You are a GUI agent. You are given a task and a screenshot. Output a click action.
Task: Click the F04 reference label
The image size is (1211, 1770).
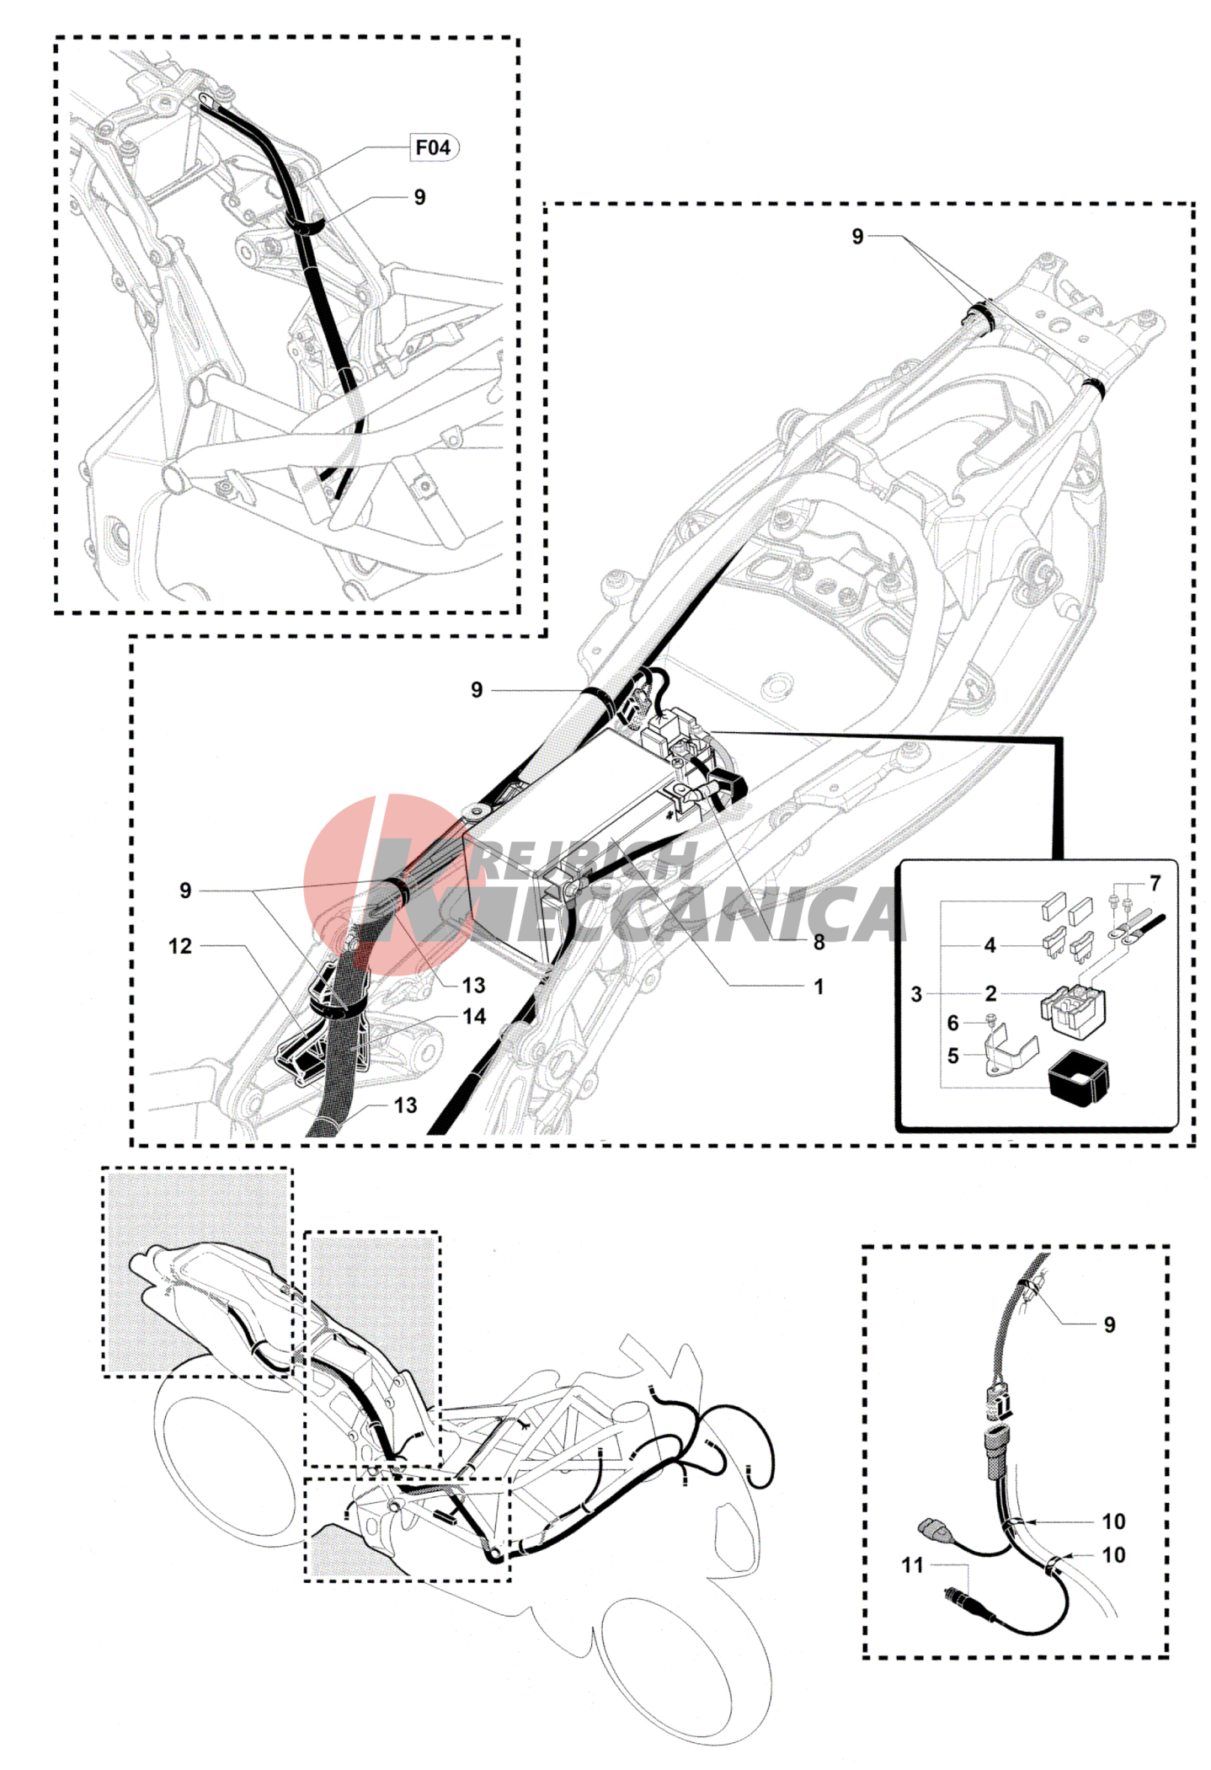[433, 147]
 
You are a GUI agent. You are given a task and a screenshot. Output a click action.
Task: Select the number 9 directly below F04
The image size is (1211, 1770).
[419, 197]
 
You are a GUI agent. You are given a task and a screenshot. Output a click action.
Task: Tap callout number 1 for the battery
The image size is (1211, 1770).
[819, 986]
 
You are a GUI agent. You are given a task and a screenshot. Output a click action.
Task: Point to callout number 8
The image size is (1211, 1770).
[819, 942]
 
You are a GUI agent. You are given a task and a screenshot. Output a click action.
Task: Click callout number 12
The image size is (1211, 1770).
[180, 946]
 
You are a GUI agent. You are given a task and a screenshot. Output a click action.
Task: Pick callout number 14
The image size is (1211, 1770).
[474, 1017]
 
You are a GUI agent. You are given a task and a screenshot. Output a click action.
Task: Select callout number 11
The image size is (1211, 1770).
[913, 1565]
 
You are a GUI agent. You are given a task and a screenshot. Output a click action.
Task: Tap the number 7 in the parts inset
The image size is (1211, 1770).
[1155, 883]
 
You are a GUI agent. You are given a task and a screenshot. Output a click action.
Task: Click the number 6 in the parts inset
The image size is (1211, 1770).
[952, 1023]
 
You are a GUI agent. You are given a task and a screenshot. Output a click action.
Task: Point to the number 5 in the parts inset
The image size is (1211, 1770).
[952, 1056]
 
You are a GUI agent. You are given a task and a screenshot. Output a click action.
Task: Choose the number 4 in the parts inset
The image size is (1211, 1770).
[990, 945]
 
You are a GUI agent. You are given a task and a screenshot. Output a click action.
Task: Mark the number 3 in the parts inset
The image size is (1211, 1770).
[916, 994]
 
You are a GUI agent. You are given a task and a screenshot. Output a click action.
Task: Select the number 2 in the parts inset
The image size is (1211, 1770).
[990, 994]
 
